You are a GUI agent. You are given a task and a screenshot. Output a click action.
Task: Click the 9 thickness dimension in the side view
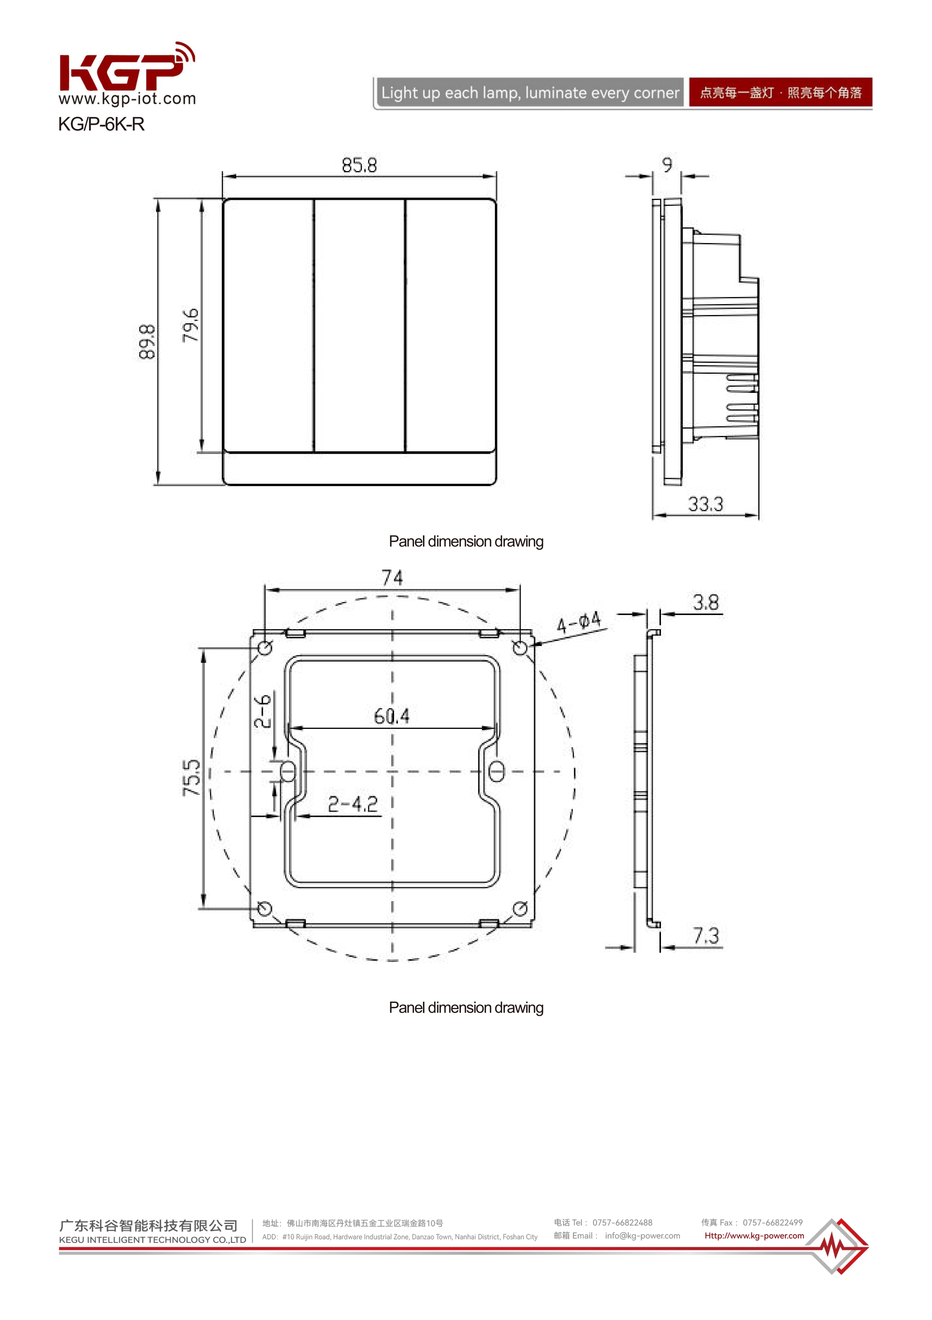pyautogui.click(x=667, y=165)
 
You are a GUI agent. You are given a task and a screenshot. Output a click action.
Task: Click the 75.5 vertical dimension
pyautogui.click(x=192, y=778)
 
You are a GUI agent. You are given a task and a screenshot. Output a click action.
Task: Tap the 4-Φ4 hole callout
pyautogui.click(x=578, y=622)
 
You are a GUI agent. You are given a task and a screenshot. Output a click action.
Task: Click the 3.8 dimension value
pyautogui.click(x=705, y=603)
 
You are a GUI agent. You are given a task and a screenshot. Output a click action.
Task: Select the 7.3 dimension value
pyautogui.click(x=706, y=936)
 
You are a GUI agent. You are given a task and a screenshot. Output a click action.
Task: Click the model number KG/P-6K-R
pyautogui.click(x=101, y=124)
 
